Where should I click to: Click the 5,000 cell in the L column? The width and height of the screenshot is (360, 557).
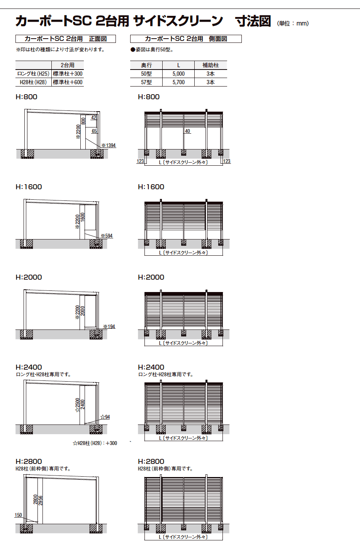tap(178, 74)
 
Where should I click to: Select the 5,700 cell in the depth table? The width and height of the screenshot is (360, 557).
tap(178, 82)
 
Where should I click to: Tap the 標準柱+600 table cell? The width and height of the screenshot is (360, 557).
tap(68, 82)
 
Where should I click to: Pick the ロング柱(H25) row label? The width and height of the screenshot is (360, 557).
tap(33, 74)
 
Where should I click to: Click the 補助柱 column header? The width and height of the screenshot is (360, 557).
tap(211, 65)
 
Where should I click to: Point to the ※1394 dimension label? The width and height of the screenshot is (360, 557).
tap(109, 146)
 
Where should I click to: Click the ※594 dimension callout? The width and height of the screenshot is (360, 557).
tap(107, 236)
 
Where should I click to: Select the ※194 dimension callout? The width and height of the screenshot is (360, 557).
tap(109, 326)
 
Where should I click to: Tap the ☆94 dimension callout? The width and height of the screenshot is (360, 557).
tap(105, 417)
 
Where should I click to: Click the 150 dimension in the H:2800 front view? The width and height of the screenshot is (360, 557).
tap(18, 515)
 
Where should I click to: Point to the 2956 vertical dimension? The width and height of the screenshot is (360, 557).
tap(41, 500)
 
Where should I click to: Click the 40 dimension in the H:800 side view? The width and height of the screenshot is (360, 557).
tap(187, 131)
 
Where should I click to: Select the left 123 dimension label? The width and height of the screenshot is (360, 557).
tap(140, 161)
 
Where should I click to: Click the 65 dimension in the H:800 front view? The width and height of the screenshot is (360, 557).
tap(94, 131)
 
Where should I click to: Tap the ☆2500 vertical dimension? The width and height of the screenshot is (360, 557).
tap(78, 405)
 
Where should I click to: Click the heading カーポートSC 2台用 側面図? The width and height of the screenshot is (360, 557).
tap(186, 39)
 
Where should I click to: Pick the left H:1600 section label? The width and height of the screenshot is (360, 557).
tap(29, 187)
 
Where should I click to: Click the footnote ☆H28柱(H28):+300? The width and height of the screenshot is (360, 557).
tap(95, 443)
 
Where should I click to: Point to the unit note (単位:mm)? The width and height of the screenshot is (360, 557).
tap(293, 24)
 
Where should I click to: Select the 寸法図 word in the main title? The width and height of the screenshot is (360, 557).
tap(253, 21)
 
